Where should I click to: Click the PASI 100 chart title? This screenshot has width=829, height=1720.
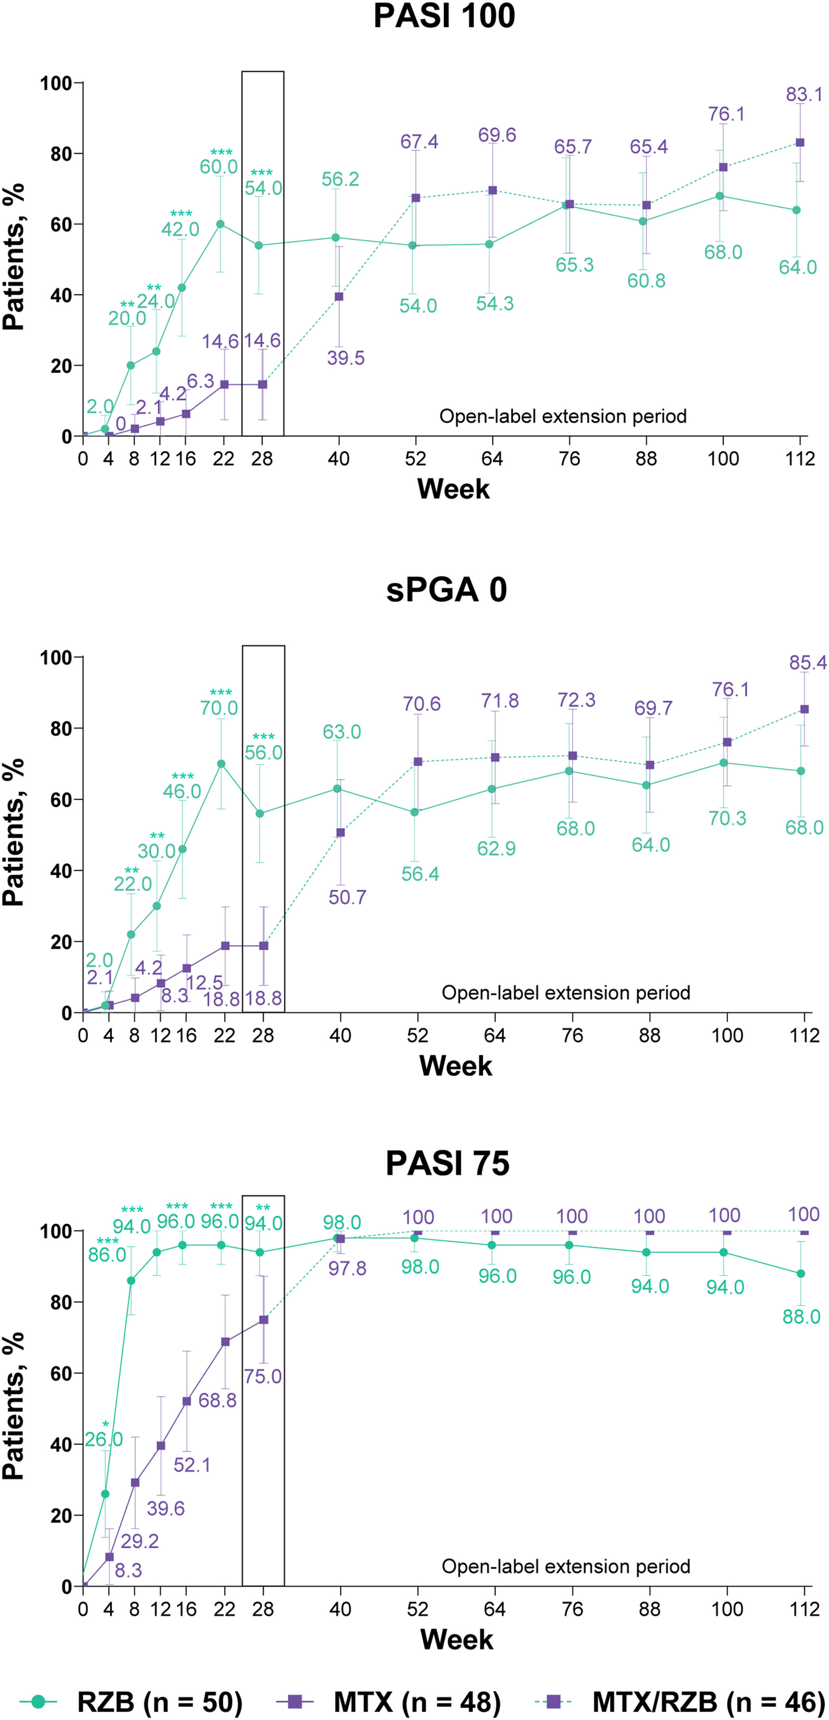coord(444,16)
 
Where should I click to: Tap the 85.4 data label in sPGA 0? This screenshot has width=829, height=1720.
coord(808,663)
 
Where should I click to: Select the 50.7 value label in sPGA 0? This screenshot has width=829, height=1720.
coord(347,897)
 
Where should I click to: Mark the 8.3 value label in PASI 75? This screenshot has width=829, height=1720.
coord(128,1570)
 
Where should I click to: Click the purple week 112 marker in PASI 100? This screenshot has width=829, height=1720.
coord(800,143)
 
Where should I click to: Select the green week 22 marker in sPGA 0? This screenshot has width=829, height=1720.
coord(221,764)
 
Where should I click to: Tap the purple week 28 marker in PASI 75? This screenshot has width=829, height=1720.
coord(264,1320)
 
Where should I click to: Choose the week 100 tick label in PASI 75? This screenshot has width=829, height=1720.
coord(727,1610)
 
